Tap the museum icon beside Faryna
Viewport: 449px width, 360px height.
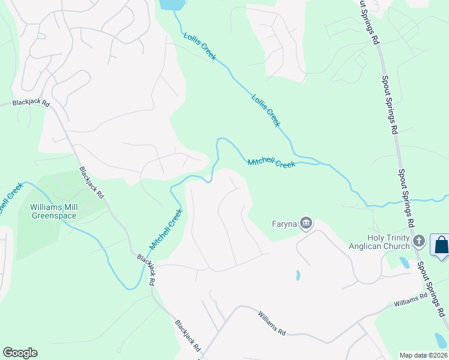point(306,224)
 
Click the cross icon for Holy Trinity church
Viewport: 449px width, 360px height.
point(419,242)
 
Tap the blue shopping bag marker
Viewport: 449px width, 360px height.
point(441,245)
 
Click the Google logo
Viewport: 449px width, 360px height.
point(20,353)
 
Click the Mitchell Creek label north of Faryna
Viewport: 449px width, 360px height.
point(271,163)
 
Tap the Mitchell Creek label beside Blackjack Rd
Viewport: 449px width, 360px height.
point(165,229)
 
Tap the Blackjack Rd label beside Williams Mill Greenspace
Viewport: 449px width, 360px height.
point(92,183)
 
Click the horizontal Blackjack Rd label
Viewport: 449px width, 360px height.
point(32,103)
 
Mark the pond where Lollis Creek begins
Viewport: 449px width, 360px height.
point(172,5)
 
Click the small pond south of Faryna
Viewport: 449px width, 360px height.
point(298,275)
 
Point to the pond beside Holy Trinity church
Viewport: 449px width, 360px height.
point(403,262)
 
